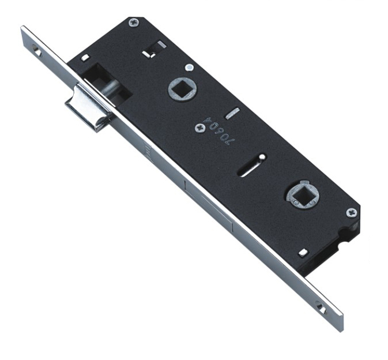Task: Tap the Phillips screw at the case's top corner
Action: coord(134,23)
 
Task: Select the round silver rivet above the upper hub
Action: coord(189,67)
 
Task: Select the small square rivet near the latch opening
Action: coord(85,58)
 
